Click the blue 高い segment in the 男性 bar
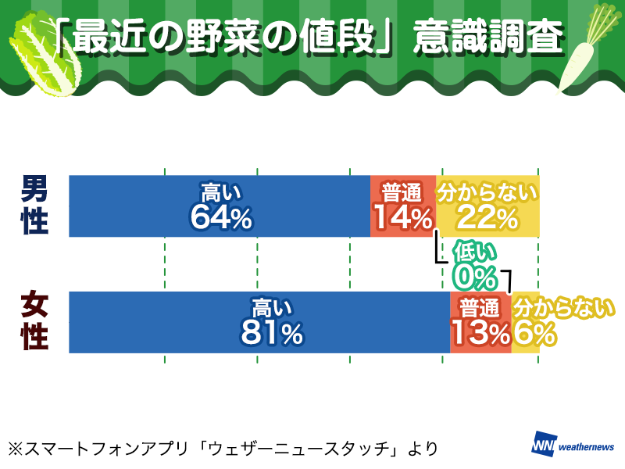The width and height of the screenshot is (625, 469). pos(141,206)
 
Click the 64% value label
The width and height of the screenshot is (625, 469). pos(221,218)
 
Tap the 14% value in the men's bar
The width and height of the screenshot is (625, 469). pos(402,217)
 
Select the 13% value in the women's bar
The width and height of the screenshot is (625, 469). pos(480,334)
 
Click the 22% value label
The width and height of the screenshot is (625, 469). pos(487,217)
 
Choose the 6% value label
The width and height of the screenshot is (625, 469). pos(534,334)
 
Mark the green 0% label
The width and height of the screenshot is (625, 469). pos(476,276)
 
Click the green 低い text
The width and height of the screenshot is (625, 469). pos(475,252)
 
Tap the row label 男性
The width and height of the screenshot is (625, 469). pos(34,205)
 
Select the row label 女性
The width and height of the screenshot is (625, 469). pos(34,321)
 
